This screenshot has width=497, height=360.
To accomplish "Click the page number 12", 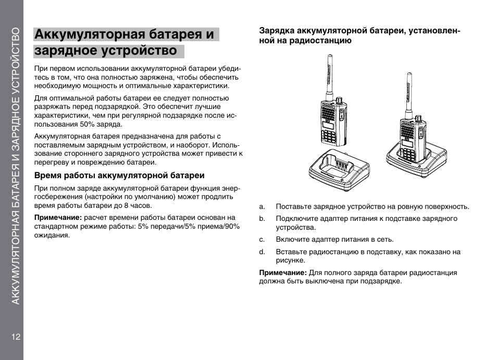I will coord(15,336).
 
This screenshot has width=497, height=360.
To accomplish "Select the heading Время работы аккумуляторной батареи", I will coord(119,175).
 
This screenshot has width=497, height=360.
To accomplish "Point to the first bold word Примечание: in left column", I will coord(58,217).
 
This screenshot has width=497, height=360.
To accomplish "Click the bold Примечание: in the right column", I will coord(283,272).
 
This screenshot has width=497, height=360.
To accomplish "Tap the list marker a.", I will coord(262,206).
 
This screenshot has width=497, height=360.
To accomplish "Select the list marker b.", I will coord(262,218).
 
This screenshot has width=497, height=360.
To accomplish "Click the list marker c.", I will coord(262,240).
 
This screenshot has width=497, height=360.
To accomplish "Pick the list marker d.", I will coord(262,252).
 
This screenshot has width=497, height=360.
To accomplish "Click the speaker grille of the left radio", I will coord(328,112).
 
